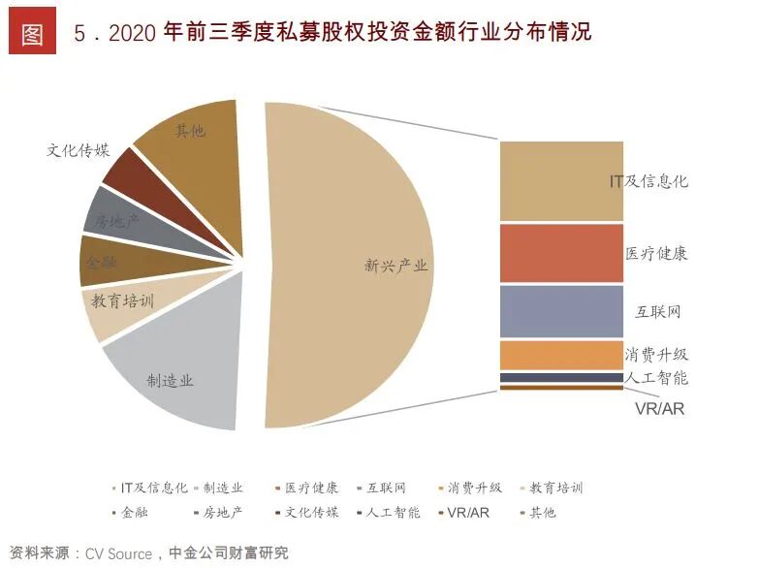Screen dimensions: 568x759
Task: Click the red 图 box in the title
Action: coord(32,33)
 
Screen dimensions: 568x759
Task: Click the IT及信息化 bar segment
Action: coord(560,181)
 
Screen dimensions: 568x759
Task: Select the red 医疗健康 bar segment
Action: coord(560,254)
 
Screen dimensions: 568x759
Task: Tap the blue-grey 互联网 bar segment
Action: coord(560,311)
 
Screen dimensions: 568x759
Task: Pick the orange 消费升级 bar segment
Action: coord(560,354)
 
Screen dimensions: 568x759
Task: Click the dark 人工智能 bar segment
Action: coord(560,377)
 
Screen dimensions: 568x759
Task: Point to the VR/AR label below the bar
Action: coord(659,408)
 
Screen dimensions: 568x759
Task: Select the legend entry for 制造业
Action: coord(219,488)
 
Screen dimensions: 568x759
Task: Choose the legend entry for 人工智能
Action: coord(389,512)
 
